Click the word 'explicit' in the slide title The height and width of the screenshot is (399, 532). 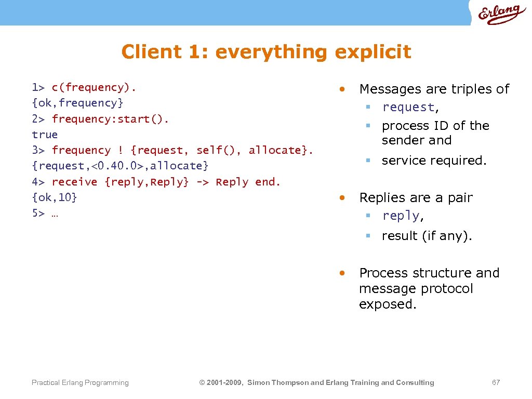[373, 52]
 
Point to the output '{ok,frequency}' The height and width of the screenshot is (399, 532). [77, 103]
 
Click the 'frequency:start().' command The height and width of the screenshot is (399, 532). [110, 119]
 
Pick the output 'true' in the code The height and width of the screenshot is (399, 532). [45, 135]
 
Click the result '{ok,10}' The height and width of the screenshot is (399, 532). [55, 197]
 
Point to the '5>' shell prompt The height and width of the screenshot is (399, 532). [38, 214]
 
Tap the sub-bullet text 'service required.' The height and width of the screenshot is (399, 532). [434, 161]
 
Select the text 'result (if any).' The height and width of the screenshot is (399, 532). [427, 236]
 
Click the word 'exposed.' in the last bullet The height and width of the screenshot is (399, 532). [388, 304]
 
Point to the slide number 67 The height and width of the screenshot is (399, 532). [496, 383]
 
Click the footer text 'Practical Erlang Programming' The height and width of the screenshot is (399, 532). [80, 383]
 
